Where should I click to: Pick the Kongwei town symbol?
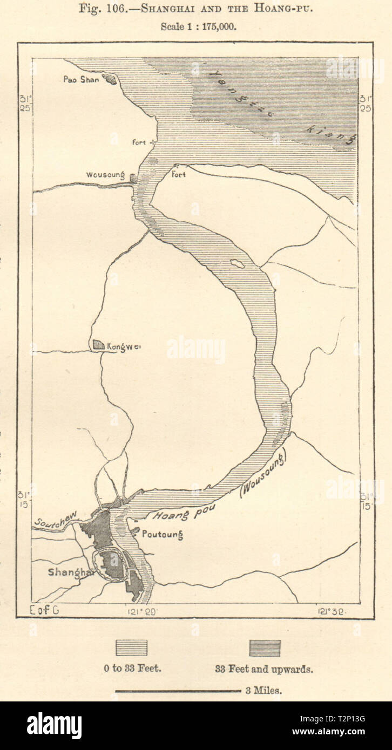click(x=98, y=344)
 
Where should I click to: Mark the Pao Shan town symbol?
click(x=111, y=80)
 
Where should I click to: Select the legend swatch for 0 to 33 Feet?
click(x=131, y=648)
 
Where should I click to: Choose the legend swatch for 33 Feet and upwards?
click(x=265, y=648)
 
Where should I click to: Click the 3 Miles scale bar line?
click(x=178, y=690)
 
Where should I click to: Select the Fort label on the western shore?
click(x=140, y=142)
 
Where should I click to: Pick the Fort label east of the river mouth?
click(x=179, y=175)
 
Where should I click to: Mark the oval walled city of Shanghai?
click(x=112, y=563)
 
